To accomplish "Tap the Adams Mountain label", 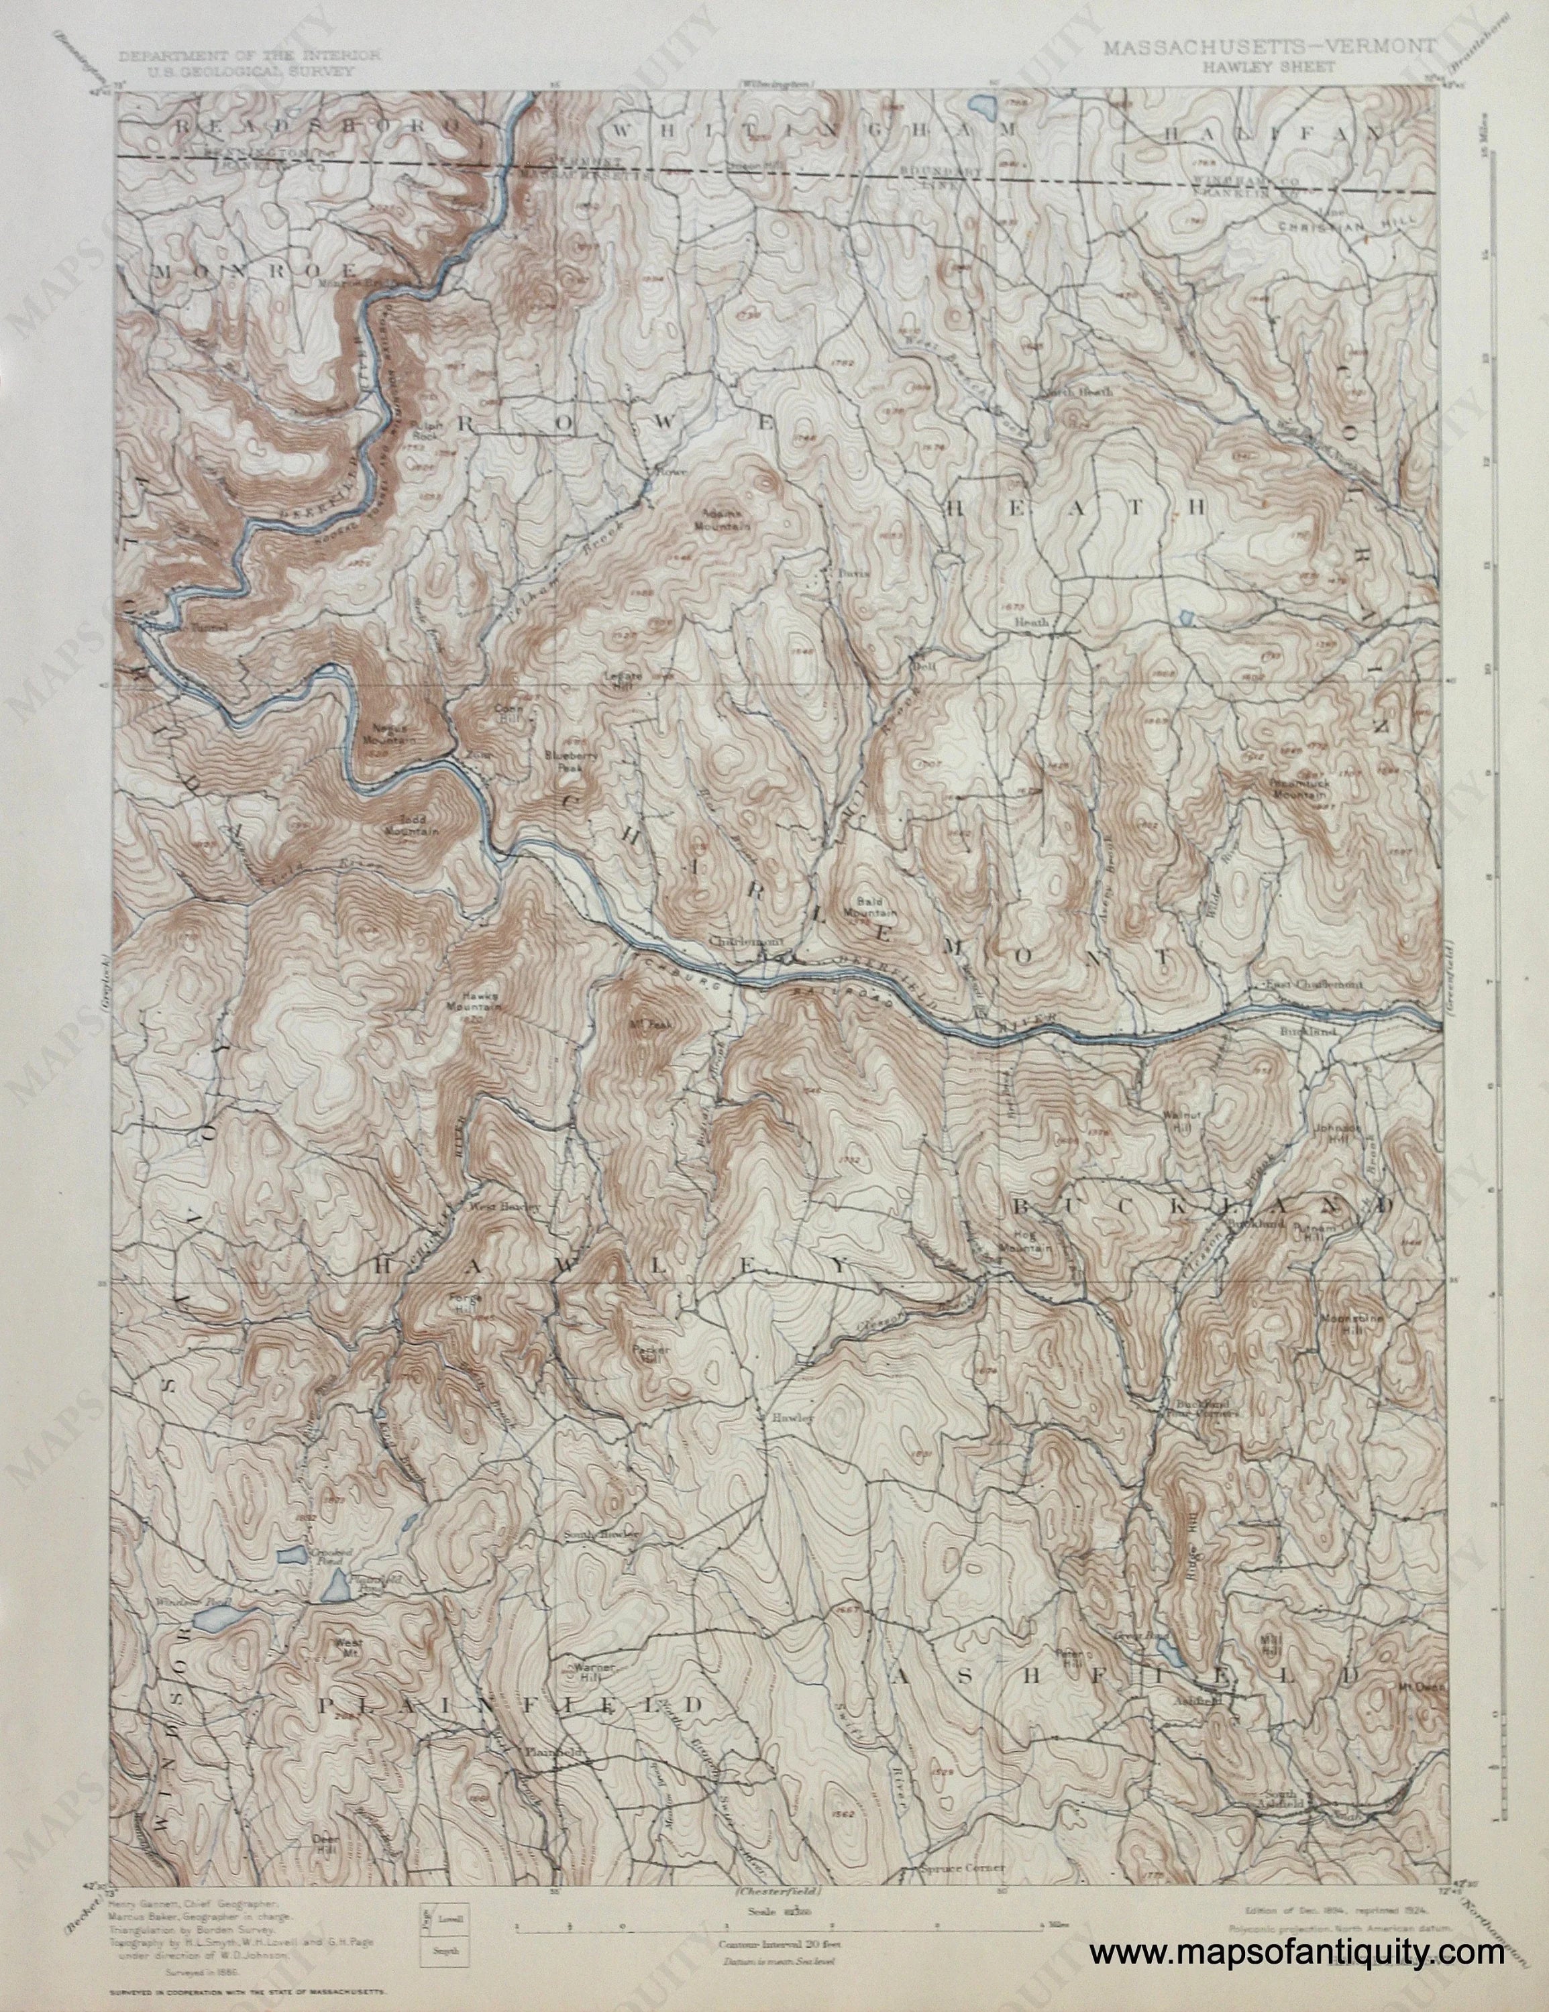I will [725, 520].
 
